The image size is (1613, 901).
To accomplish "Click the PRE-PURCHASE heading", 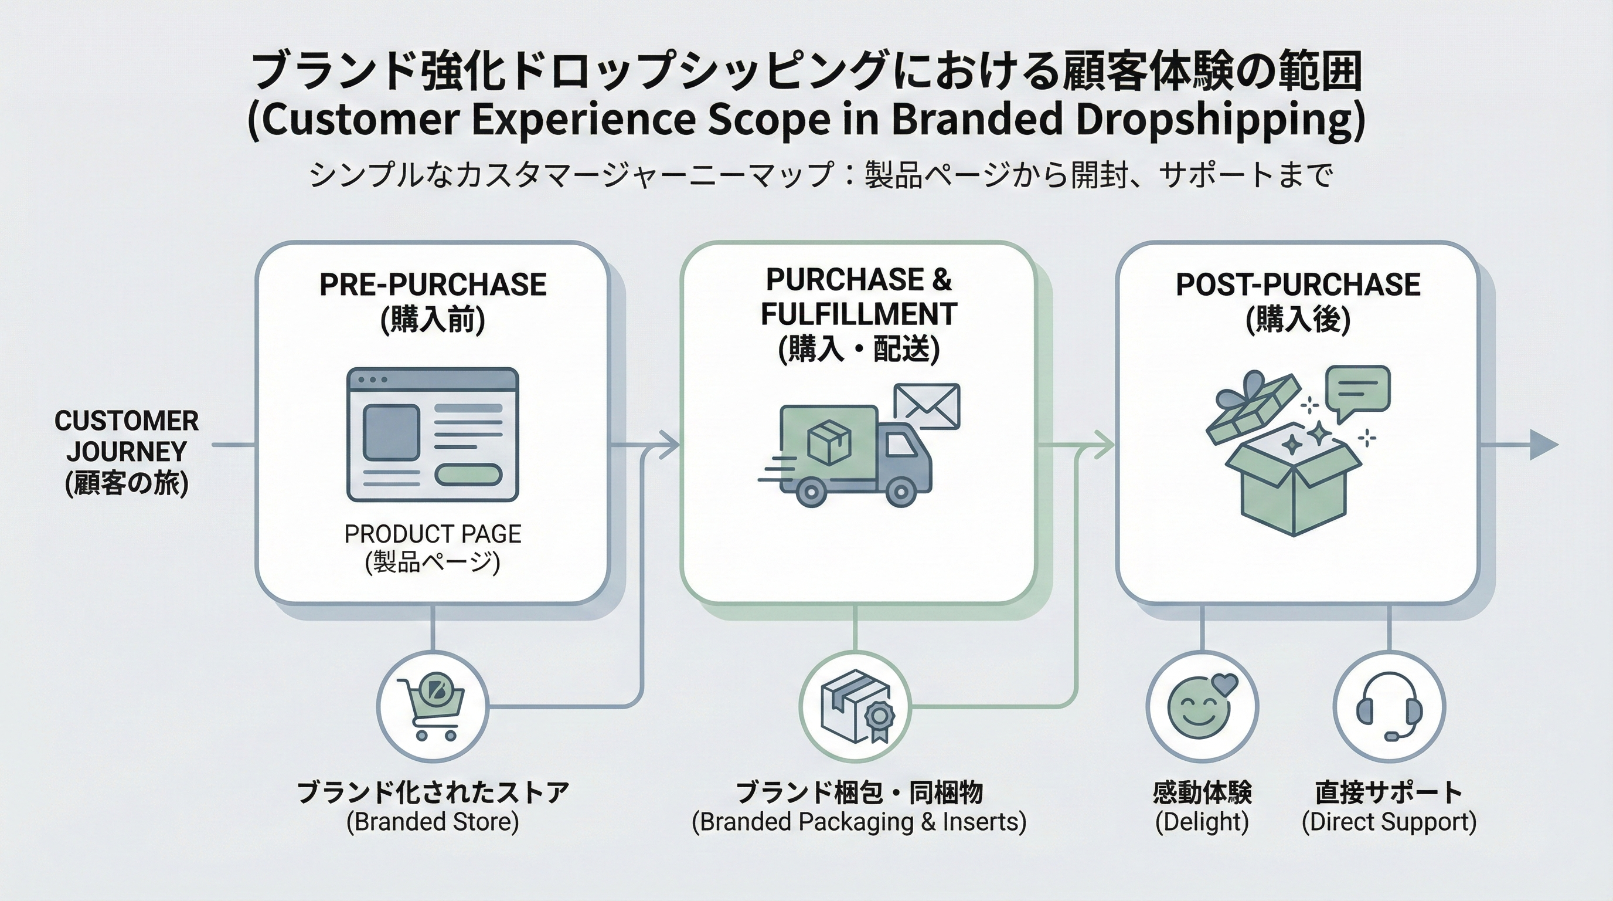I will click(x=433, y=285).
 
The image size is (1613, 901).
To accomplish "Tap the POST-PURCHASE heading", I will click(x=1298, y=285).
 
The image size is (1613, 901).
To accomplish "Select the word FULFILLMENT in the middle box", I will click(x=859, y=314).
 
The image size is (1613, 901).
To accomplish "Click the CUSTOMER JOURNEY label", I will click(x=127, y=436).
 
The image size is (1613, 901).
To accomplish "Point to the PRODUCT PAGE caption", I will click(x=433, y=534).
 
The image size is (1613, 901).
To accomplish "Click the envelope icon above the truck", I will click(x=927, y=406).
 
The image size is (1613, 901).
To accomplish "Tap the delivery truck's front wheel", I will click(x=901, y=493).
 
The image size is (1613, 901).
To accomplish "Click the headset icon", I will click(x=1389, y=706).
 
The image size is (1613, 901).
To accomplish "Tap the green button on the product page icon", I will click(x=468, y=475).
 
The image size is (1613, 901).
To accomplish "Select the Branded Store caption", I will click(x=433, y=821).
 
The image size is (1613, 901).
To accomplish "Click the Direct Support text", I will click(x=1389, y=821).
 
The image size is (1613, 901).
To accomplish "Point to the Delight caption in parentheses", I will click(x=1202, y=821).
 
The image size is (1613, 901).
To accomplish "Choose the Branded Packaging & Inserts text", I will click(x=859, y=821).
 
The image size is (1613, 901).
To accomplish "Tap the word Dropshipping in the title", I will click(x=1216, y=119).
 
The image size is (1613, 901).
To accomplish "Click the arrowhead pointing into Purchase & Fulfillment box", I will click(x=671, y=445).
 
